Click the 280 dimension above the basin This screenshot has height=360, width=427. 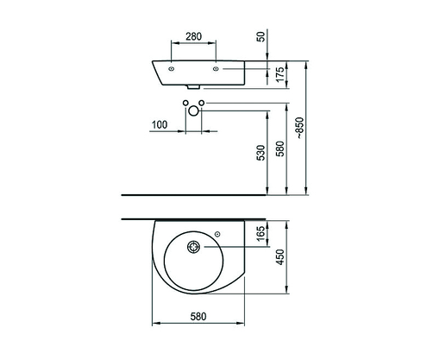194,37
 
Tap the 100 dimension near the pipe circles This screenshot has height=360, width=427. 158,125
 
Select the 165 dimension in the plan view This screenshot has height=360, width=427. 261,232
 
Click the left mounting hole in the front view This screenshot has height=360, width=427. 172,69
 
